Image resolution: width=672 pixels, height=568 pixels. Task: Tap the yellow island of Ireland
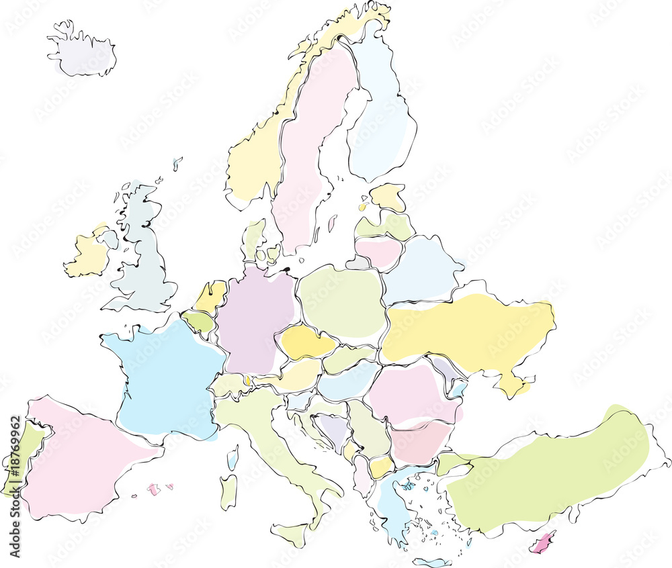88,255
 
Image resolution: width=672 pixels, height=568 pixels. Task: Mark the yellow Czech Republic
306,342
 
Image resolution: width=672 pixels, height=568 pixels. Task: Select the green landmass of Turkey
551,470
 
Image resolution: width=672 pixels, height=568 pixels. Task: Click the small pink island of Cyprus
542,542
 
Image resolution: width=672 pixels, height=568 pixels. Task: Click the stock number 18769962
15,487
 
